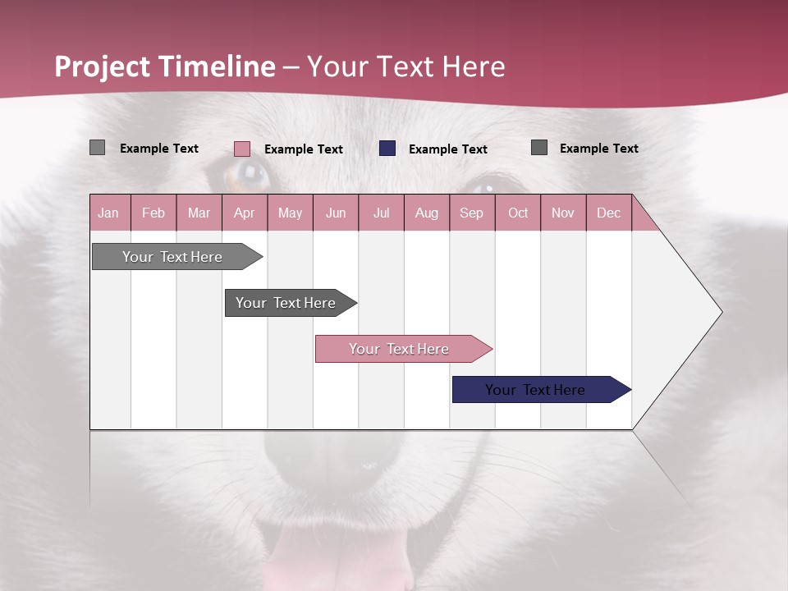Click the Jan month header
click(109, 213)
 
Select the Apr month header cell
click(245, 213)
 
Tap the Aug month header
click(427, 213)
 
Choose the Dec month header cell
click(609, 213)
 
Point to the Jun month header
click(336, 213)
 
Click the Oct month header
click(518, 213)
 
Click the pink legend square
click(242, 149)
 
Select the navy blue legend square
click(387, 149)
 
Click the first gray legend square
click(97, 148)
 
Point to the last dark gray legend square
click(539, 148)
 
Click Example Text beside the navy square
click(447, 149)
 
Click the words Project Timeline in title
click(164, 66)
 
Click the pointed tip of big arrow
click(721, 312)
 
